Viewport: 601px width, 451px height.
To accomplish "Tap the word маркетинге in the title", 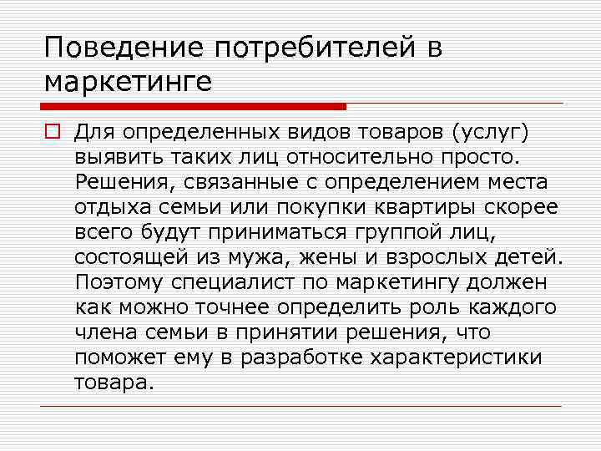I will click(129, 82).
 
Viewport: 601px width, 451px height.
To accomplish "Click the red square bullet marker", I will click(52, 133).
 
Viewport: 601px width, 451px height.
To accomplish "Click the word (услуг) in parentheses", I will click(489, 132).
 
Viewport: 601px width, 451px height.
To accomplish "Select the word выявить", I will click(112, 157).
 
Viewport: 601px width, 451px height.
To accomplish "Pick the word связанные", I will click(232, 182).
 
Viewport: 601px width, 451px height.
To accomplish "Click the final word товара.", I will click(114, 383).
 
